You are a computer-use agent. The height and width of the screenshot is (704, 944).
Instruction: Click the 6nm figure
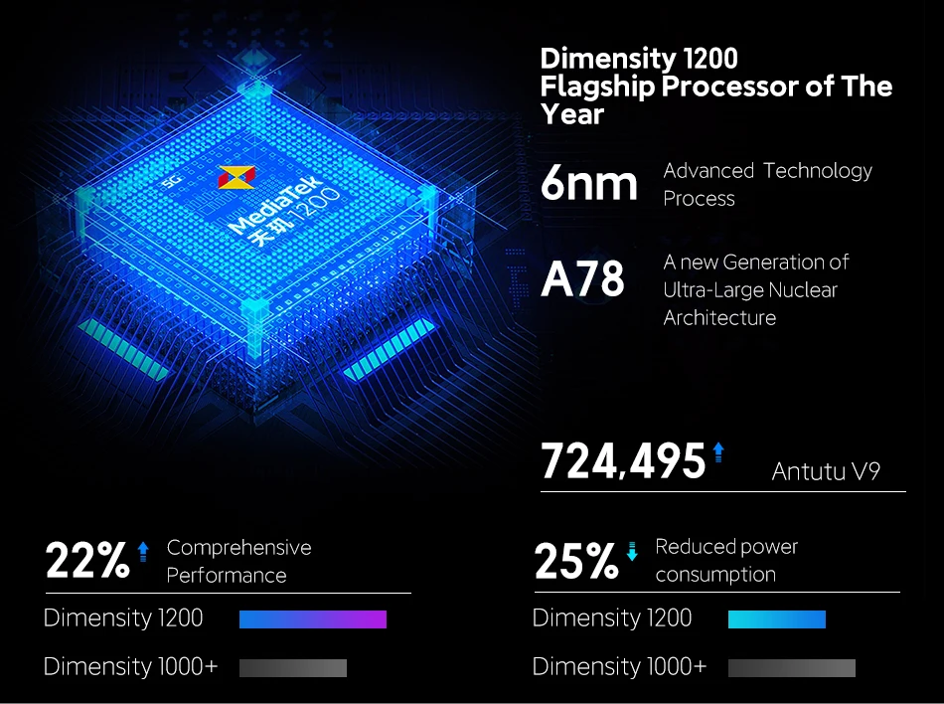588,184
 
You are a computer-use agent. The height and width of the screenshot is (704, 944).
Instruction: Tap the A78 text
583,279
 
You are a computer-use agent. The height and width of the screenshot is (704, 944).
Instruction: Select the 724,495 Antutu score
622,461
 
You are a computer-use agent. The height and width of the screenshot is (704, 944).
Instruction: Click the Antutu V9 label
826,471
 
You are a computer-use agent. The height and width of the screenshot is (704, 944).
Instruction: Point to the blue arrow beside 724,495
718,452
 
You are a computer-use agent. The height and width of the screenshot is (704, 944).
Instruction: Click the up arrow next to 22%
143,549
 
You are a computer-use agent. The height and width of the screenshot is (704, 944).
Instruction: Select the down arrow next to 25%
632,549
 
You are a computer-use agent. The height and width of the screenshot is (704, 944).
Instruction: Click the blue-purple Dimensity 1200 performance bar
312,619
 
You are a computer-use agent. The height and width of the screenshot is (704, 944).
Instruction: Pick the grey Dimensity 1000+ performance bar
292,668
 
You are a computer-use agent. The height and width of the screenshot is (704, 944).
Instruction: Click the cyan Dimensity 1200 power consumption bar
776,619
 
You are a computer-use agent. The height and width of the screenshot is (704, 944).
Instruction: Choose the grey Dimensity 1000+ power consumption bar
791,668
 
